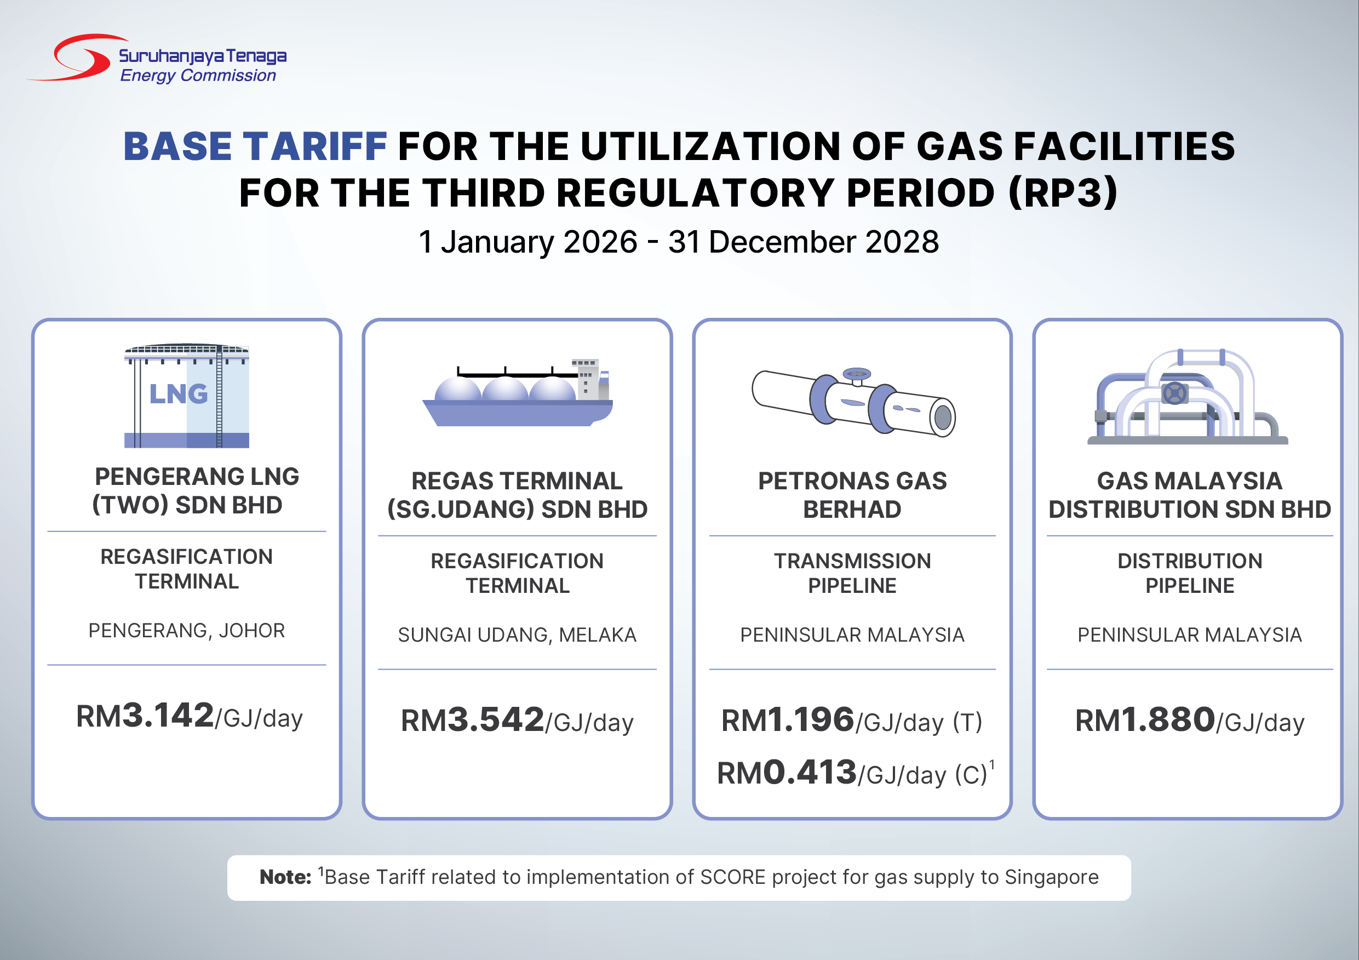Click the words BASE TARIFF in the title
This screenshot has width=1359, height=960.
click(x=255, y=146)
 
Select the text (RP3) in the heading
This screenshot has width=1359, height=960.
click(x=1063, y=192)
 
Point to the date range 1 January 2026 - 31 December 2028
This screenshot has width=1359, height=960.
click(x=678, y=242)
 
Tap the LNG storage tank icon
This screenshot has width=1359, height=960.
click(x=186, y=396)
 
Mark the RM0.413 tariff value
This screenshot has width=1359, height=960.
click(x=787, y=772)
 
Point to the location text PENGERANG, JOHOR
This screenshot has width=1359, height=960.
click(x=186, y=631)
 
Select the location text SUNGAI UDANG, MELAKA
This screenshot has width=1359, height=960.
click(x=517, y=635)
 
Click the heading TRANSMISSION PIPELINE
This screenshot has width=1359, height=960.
click(x=852, y=573)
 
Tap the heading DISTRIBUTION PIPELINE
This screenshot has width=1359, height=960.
click(x=1190, y=573)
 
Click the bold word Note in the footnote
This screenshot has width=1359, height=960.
click(x=285, y=877)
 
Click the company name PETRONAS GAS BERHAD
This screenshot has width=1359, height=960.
click(x=852, y=495)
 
